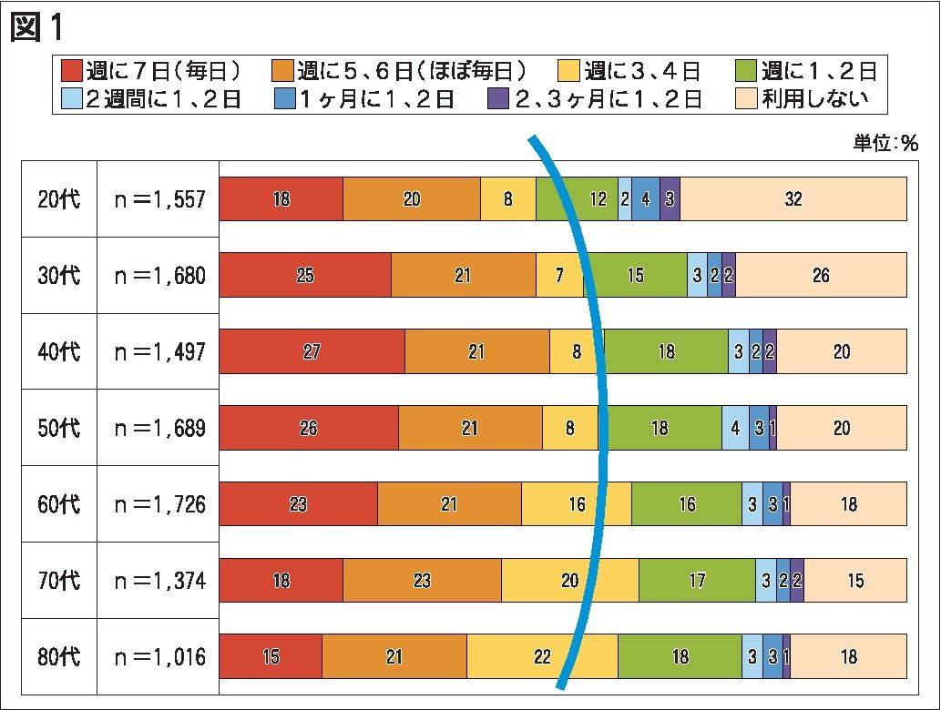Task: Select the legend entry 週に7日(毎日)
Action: click(x=150, y=71)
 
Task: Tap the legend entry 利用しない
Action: click(x=803, y=99)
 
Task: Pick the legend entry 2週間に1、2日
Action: click(x=150, y=99)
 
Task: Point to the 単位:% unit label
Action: click(x=885, y=144)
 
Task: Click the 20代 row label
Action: click(x=59, y=199)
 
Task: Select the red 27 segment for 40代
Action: click(x=312, y=352)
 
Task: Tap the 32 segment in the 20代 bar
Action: click(x=793, y=199)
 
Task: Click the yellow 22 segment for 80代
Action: click(x=542, y=657)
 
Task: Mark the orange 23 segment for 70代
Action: click(x=422, y=581)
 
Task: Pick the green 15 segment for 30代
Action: click(x=636, y=276)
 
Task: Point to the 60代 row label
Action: click(x=59, y=504)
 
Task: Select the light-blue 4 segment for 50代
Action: click(x=735, y=429)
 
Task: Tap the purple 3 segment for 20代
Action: click(x=670, y=199)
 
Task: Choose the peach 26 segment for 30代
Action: click(x=821, y=276)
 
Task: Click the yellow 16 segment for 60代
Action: click(x=577, y=504)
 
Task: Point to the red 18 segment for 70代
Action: click(x=281, y=581)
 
